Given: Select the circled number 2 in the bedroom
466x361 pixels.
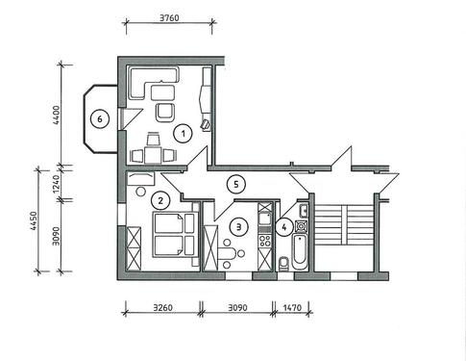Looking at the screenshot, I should coord(161,200).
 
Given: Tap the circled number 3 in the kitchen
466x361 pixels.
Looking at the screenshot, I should coord(236,226).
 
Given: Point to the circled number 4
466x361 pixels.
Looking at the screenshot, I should coord(284,227).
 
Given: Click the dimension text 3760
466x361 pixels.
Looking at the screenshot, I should coord(169,16).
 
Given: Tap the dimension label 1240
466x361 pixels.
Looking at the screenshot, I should coord(56,185).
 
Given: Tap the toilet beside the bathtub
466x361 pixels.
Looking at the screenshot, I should coord(282,263).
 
